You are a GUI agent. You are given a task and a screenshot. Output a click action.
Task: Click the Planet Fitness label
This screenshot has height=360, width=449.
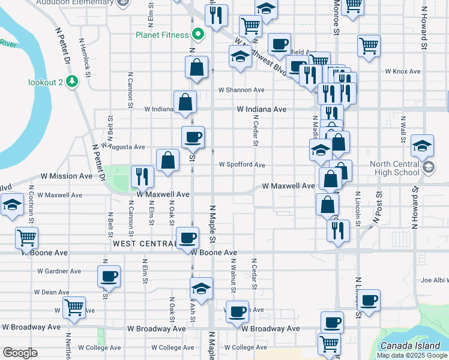(x=162, y=35)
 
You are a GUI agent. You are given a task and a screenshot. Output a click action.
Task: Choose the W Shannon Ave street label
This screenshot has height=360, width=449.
(x=241, y=90)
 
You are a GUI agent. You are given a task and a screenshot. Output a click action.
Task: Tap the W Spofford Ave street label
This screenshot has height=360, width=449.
(x=241, y=164)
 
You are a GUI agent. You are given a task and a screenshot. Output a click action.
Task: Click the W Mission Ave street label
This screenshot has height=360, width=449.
(x=67, y=176)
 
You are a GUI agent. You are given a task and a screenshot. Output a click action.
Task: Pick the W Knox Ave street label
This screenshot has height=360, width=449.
(x=403, y=71)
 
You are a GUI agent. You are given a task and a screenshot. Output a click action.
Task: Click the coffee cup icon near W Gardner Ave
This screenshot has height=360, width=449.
(x=109, y=276)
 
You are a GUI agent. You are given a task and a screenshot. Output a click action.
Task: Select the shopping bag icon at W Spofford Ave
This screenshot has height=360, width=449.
(x=167, y=160)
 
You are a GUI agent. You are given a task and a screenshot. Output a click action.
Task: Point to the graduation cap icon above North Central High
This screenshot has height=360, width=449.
(x=423, y=145)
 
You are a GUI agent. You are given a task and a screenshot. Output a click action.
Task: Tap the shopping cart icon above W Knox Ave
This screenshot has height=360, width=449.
(x=368, y=45)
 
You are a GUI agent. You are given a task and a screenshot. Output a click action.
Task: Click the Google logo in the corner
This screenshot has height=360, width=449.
(x=20, y=353)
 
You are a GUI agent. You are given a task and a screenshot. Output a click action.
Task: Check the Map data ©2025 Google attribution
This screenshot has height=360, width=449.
(x=411, y=355)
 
